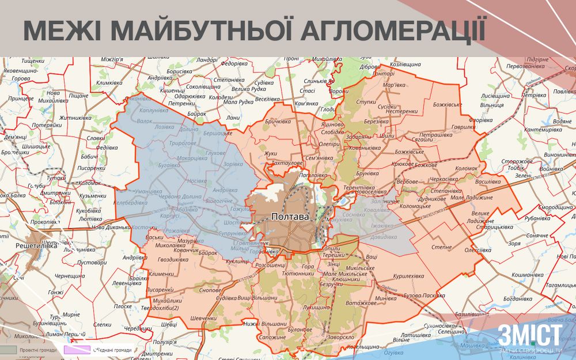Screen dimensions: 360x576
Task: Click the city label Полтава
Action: (289, 217)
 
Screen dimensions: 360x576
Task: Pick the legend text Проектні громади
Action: (38, 350)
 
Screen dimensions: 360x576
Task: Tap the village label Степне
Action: (442, 247)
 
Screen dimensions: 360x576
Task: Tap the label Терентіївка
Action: (359, 188)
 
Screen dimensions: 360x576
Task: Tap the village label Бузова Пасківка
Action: (423, 295)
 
